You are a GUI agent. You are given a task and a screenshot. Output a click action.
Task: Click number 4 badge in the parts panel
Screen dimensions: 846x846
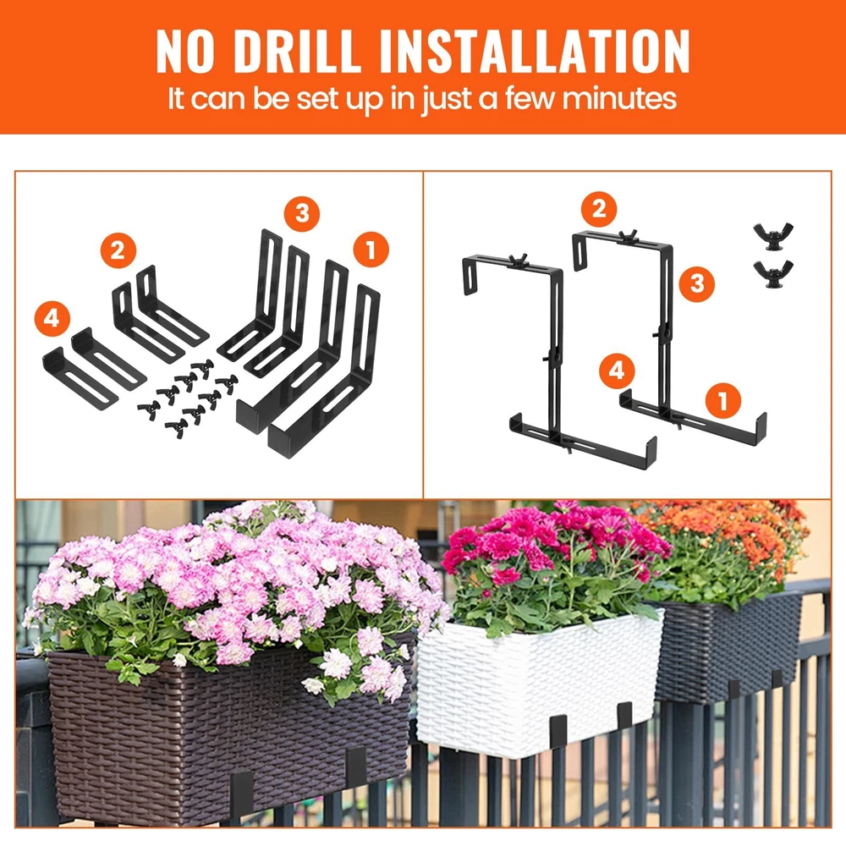(x=52, y=318)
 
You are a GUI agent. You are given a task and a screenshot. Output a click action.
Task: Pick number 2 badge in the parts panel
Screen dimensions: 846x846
(x=118, y=250)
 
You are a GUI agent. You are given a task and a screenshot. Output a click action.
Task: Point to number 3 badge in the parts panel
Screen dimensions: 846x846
(x=302, y=213)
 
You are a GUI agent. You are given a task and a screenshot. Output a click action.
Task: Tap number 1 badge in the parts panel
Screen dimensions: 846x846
(x=371, y=250)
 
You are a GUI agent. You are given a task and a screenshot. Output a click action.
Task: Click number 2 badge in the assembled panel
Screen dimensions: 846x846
(x=599, y=209)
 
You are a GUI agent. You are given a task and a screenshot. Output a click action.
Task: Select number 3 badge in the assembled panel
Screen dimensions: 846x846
(x=697, y=283)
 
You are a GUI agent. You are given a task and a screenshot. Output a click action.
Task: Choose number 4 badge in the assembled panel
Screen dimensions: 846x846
(x=617, y=371)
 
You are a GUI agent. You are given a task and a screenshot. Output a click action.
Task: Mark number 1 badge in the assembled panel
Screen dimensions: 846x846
(x=723, y=400)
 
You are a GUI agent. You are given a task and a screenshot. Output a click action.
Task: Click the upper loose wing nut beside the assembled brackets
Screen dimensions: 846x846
(x=773, y=235)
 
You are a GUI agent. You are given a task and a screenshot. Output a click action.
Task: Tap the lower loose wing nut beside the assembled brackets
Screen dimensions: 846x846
(x=773, y=275)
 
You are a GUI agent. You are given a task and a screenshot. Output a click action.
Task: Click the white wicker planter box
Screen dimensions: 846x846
(x=540, y=683)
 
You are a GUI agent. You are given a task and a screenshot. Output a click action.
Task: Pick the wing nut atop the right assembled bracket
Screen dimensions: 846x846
(x=628, y=237)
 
